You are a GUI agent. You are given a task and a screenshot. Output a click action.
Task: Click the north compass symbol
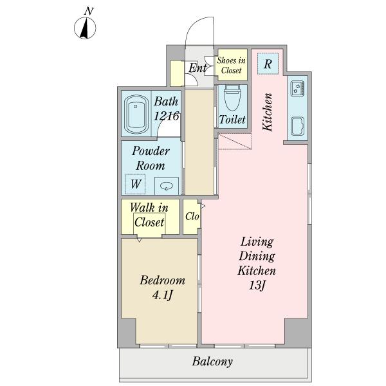85,28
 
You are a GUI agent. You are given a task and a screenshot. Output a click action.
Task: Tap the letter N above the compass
89,12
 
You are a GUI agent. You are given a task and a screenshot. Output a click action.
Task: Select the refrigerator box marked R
268,64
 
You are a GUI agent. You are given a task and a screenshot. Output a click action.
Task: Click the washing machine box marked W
135,184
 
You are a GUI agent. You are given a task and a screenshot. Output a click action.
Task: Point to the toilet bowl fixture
232,98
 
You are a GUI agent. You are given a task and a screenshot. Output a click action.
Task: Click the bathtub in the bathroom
136,115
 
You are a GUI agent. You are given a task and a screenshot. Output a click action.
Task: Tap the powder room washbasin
167,186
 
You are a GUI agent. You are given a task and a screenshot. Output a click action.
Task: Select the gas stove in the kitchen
297,88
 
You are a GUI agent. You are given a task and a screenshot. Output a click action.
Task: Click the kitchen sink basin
297,126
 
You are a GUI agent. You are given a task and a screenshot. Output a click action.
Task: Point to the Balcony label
212,362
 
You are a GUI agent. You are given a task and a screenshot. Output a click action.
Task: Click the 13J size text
257,286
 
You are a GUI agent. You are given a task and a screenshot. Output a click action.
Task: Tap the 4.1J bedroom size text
162,295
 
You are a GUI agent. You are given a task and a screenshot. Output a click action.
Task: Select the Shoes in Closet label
231,65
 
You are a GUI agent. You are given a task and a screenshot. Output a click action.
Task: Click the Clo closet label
192,216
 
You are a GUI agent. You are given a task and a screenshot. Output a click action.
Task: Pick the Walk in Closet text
149,215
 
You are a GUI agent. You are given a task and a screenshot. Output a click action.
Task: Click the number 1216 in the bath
166,116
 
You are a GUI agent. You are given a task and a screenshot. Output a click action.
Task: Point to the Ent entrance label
198,68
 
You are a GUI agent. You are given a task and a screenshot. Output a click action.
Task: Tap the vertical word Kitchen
268,112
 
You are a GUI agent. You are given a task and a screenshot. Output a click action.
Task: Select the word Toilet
232,120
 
